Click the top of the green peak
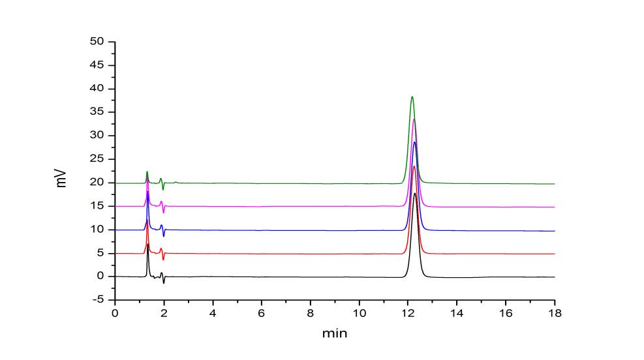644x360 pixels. tap(412, 97)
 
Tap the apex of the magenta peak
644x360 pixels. tap(414, 119)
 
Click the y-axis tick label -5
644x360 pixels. tap(99, 300)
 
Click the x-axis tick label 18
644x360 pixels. tap(555, 312)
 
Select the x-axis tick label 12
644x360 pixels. tap(408, 312)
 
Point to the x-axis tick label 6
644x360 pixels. tap(262, 312)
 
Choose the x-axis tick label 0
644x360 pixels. tap(115, 312)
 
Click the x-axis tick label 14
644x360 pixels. tap(457, 312)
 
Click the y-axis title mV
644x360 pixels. tap(62, 177)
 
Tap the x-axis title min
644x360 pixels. tap(334, 334)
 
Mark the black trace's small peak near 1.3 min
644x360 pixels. tap(148, 245)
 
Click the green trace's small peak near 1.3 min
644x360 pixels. tap(147, 172)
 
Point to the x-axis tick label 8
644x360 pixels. tap(311, 312)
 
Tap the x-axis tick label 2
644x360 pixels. tap(164, 312)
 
